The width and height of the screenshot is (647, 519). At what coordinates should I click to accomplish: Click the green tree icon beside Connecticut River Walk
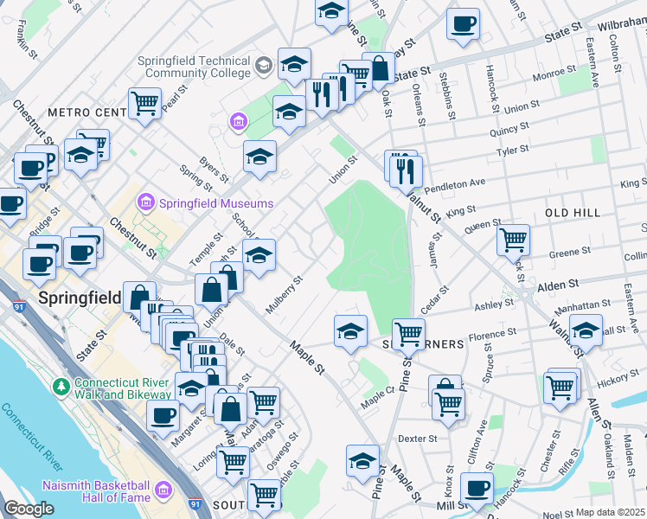[x=61, y=384]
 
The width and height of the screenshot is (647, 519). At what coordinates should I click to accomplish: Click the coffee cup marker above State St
[x=464, y=23]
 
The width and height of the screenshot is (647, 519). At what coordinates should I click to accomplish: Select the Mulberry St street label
[x=284, y=295]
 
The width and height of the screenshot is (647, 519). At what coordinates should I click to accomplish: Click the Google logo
[x=29, y=509]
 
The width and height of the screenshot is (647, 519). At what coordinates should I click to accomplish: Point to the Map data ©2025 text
[x=611, y=512]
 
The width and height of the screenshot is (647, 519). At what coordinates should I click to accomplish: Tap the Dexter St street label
[x=420, y=439]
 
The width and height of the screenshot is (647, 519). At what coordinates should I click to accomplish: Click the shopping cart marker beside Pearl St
[x=144, y=103]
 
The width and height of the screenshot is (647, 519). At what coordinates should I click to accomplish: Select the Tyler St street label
[x=511, y=151]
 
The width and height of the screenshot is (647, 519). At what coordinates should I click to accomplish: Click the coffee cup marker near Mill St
[x=476, y=487]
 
